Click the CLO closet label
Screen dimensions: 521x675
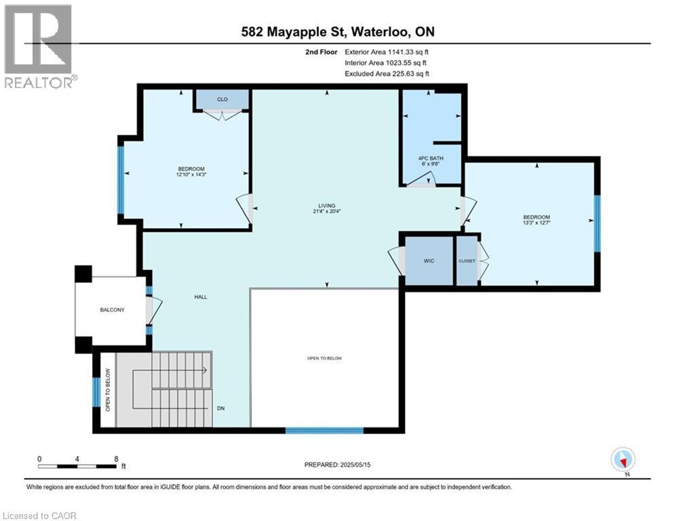coord(222,100)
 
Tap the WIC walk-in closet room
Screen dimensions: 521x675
coord(429,260)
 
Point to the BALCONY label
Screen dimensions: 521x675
coord(111,309)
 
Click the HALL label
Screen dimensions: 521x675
coord(200,297)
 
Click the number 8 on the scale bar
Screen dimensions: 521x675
coord(116,459)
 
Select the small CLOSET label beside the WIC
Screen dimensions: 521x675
coord(466,260)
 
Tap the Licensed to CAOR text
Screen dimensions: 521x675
coord(40,516)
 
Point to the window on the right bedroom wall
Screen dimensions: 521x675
coord(597,223)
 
